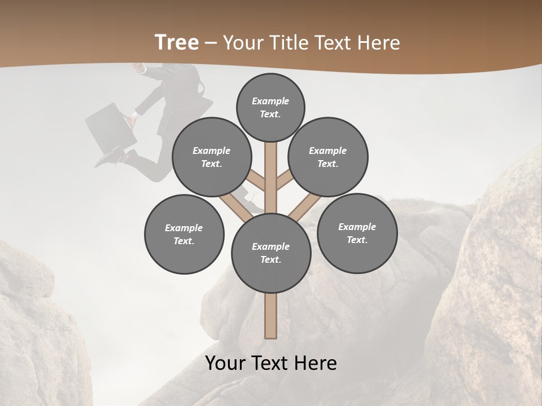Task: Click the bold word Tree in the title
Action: click(177, 42)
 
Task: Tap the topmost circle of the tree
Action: click(270, 107)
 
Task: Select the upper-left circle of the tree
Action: click(212, 157)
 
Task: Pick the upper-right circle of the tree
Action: click(328, 157)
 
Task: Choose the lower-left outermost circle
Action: click(184, 234)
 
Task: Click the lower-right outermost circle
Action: click(357, 233)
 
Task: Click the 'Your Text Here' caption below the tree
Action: click(271, 363)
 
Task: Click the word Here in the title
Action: click(378, 42)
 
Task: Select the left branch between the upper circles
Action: click(255, 180)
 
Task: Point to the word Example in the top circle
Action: click(270, 101)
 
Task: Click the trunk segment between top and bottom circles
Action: click(271, 180)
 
